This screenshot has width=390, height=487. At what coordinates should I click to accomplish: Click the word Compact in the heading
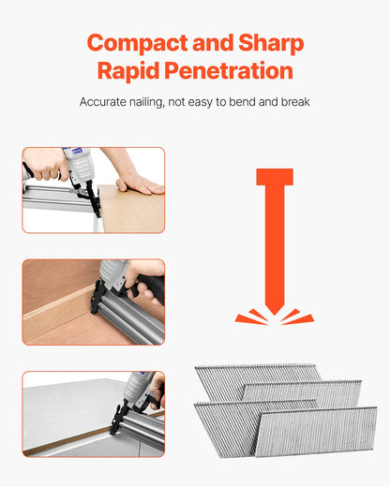pyautogui.click(x=136, y=43)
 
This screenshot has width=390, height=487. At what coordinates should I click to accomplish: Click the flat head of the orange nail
pyautogui.click(x=274, y=177)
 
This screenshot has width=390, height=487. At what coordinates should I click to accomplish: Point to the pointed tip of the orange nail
pyautogui.click(x=274, y=310)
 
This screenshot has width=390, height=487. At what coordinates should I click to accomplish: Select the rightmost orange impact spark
pyautogui.click(x=302, y=319)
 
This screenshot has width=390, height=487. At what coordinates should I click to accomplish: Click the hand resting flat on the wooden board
pyautogui.click(x=139, y=184)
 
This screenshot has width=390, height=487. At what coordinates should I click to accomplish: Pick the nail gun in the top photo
pyautogui.click(x=79, y=173)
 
